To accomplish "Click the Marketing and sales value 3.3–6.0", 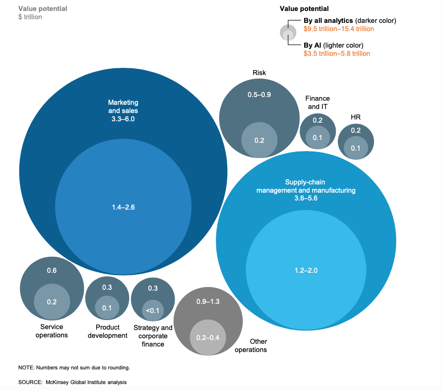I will click(x=123, y=119).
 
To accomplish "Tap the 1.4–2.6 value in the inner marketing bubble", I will click(x=123, y=207).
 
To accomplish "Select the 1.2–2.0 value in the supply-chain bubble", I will click(x=306, y=270).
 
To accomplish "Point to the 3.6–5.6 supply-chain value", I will click(x=306, y=198).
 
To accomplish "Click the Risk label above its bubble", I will click(x=259, y=73).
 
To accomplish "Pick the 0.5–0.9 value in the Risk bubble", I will click(x=259, y=95).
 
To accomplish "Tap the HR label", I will click(x=355, y=117).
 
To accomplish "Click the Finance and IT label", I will click(x=317, y=103).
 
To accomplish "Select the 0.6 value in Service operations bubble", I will click(x=52, y=271).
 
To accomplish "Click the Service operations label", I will click(x=52, y=331).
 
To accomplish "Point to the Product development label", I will click(x=107, y=331).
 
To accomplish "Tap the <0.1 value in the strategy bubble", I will click(x=153, y=311).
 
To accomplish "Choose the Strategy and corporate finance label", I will click(x=153, y=336).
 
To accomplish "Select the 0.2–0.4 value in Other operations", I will click(x=208, y=337).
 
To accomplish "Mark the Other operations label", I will click(x=251, y=346).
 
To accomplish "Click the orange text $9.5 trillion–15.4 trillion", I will click(x=338, y=29).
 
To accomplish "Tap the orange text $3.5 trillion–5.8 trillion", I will click(x=337, y=54).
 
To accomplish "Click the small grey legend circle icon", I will click(x=288, y=32).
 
